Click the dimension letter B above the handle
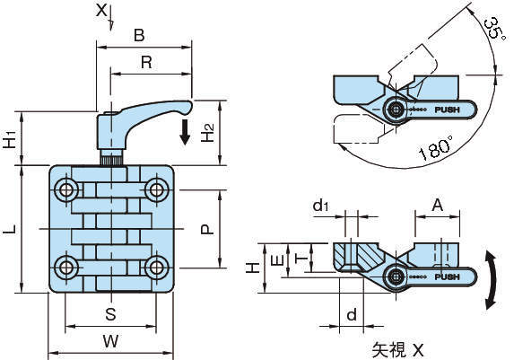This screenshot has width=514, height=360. [x=139, y=35]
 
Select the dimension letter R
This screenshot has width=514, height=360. [x=146, y=62]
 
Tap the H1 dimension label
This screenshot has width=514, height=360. [x=11, y=139]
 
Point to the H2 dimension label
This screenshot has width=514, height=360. [x=208, y=133]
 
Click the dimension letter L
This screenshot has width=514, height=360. [x=10, y=229]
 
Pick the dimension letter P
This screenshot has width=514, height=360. [x=207, y=229]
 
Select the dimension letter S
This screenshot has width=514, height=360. [x=111, y=314]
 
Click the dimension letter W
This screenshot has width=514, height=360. [x=111, y=341]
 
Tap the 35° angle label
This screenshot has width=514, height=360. [x=494, y=29]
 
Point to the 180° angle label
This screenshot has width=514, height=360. [x=436, y=148]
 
